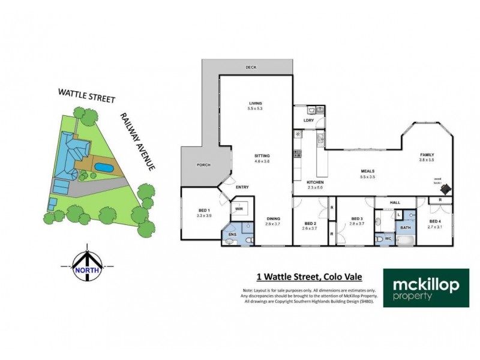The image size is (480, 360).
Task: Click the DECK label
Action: click(251, 67)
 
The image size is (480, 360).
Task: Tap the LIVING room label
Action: click(255, 103)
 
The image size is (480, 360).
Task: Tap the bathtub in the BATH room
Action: click(406, 241)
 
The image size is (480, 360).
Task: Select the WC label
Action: click(388, 238)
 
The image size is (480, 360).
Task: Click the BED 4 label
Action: click(435, 221)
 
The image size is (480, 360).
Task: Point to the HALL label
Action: click(395, 203)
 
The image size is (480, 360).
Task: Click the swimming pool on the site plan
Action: click(104, 167)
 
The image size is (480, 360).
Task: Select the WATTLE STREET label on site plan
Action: click(86, 96)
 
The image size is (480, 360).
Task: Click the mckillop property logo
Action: click(427, 287)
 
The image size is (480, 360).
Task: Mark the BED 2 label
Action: click(310, 219)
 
